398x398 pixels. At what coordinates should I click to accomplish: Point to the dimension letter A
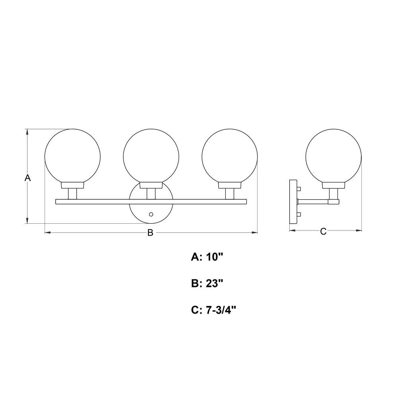click(x=27, y=178)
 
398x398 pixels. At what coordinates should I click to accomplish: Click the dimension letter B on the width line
click(x=150, y=232)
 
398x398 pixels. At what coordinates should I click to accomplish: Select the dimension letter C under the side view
click(x=323, y=231)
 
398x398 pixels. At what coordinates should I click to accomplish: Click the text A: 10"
click(x=207, y=257)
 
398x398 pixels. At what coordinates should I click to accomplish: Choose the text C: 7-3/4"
click(x=214, y=310)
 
